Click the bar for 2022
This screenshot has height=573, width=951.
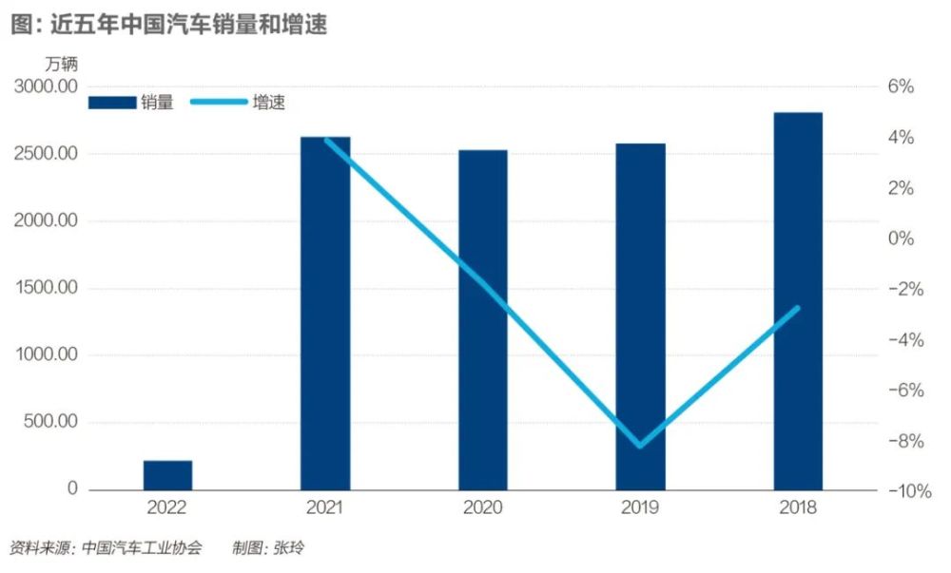(167, 475)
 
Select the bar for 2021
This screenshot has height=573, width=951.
(325, 314)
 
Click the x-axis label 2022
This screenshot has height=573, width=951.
(167, 508)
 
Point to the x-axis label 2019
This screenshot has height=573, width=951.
(640, 508)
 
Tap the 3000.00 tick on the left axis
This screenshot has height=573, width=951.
(46, 86)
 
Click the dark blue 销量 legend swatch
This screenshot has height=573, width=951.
(112, 103)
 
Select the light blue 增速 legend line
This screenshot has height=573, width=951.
(218, 103)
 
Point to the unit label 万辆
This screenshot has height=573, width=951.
(62, 64)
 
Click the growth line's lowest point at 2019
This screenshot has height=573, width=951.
(640, 445)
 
